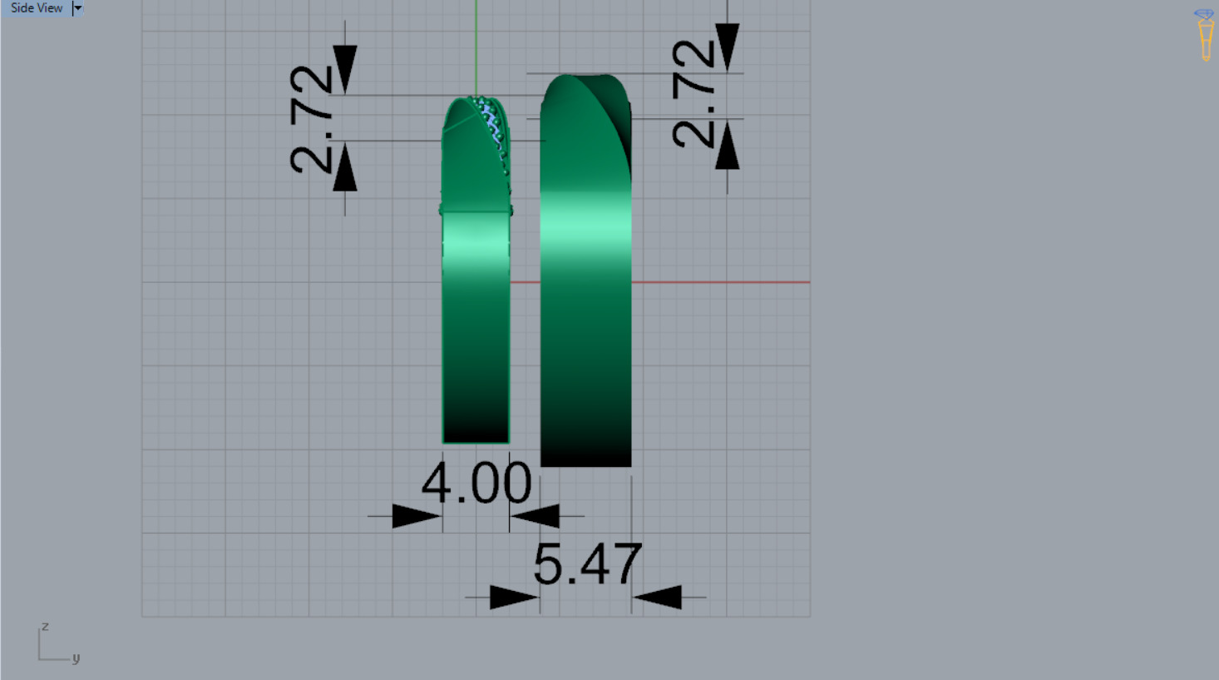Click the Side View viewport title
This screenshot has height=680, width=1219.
[x=36, y=8]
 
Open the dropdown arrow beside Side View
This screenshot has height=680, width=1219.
[x=77, y=8]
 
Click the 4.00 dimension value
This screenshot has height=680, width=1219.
[x=476, y=483]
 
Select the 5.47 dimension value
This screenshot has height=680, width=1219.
[x=587, y=564]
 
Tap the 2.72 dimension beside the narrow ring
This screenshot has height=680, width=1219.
[x=312, y=118]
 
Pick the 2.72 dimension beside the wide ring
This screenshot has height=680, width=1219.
[x=693, y=94]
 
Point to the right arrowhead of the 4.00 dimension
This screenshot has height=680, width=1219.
[x=535, y=516]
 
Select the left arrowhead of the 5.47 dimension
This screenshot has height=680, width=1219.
[x=513, y=597]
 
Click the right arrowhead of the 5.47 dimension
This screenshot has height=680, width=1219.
[x=658, y=597]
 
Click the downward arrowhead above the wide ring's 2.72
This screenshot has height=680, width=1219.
[x=727, y=47]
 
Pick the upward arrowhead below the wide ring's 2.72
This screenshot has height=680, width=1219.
[x=727, y=146]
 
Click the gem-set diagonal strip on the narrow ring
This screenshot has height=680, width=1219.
[x=493, y=129]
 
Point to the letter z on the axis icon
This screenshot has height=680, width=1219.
[x=45, y=626]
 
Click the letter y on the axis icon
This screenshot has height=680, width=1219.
[x=76, y=658]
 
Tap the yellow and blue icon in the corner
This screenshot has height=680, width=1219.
[x=1204, y=35]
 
